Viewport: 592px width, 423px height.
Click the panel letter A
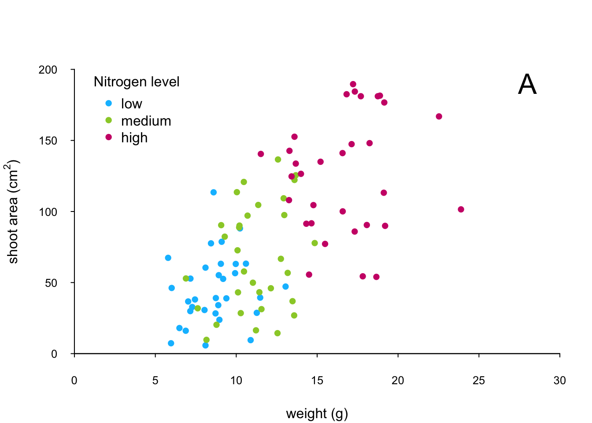coord(527,84)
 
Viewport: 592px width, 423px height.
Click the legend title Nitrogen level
coord(137,82)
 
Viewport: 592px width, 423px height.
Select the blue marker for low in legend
coord(109,103)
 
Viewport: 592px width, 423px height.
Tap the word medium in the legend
coord(146,121)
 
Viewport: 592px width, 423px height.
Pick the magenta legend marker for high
coord(109,137)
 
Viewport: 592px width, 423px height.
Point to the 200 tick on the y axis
coord(48,70)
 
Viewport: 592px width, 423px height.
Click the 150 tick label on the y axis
coord(48,141)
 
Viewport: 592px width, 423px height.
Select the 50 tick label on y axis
coord(51,283)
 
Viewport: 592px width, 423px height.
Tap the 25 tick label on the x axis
coord(479,381)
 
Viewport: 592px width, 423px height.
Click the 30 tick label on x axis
coord(559,381)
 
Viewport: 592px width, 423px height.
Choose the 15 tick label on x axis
coord(317,381)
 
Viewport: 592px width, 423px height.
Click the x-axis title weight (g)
coord(317,413)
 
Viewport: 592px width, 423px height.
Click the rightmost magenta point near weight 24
coord(461,209)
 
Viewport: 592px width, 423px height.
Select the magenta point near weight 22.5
coord(439,116)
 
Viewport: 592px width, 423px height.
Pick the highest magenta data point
coord(353,84)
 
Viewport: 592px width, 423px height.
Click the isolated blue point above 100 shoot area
coord(214,192)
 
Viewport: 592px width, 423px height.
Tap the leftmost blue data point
coord(168,258)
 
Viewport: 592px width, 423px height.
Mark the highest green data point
coord(278,160)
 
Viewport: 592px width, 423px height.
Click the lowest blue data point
coord(205,345)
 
